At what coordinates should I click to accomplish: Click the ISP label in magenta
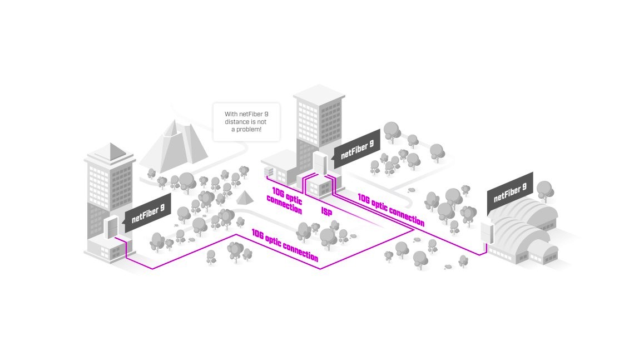(326, 212)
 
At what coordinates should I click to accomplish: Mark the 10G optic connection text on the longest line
(285, 245)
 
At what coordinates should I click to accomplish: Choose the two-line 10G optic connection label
(286, 201)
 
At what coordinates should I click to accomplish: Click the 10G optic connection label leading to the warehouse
(390, 210)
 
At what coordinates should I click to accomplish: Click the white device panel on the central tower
(320, 165)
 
